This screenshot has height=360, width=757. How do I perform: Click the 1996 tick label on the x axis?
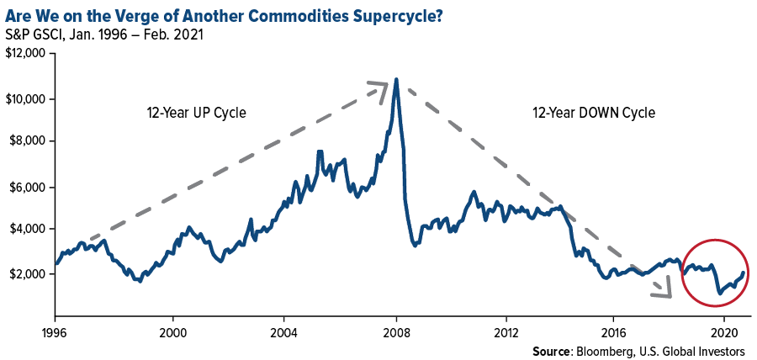(x=55, y=331)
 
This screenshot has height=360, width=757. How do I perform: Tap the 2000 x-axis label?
(x=173, y=331)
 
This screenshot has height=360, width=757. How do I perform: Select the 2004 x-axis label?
(x=284, y=331)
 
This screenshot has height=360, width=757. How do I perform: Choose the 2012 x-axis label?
(x=506, y=331)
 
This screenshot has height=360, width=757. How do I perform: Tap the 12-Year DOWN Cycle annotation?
(x=594, y=113)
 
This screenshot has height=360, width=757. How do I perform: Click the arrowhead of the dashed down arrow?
(x=665, y=292)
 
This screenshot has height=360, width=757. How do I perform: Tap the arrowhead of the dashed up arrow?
(x=380, y=86)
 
